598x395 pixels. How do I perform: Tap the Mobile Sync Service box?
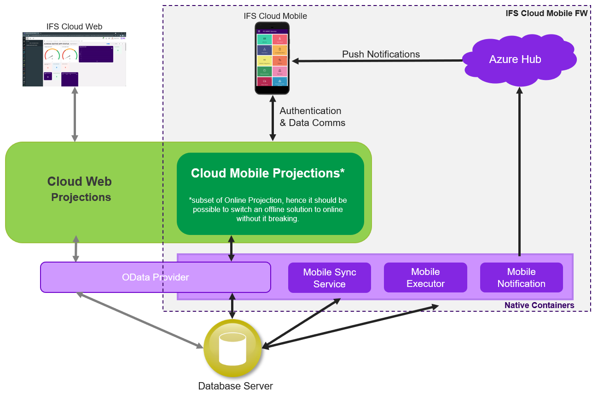(x=329, y=278)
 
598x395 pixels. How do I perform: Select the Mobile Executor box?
(x=425, y=278)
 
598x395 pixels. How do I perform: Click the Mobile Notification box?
(x=521, y=278)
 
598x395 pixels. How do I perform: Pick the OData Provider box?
(x=155, y=277)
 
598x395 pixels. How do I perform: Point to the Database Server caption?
(x=235, y=386)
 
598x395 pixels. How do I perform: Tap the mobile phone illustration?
(x=272, y=58)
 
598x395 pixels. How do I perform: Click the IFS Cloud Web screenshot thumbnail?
(x=74, y=59)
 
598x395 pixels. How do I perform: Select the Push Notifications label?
(x=381, y=54)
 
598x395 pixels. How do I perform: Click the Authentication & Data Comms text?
(x=312, y=117)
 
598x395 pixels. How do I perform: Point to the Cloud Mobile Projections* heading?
(x=268, y=173)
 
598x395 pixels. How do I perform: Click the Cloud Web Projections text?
(x=80, y=189)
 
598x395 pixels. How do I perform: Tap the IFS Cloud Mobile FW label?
(x=546, y=13)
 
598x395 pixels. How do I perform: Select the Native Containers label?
(x=539, y=305)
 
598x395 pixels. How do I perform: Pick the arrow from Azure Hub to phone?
(x=377, y=60)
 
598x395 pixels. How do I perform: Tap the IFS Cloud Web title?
(x=74, y=27)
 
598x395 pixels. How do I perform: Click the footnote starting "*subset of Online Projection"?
(x=268, y=209)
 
